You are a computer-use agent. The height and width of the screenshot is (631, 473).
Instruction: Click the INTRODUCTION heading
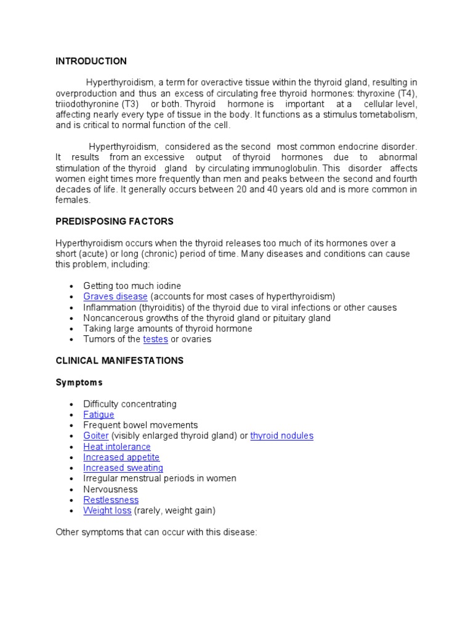[91, 61]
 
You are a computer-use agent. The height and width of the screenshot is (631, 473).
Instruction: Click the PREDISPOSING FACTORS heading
[115, 221]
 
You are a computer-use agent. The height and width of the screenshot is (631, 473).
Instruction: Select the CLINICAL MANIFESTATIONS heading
[119, 360]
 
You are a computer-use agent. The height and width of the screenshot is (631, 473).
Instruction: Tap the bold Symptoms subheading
[79, 383]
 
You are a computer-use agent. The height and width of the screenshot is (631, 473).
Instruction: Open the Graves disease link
[115, 297]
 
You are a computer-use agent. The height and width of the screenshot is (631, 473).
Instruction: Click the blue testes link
[155, 340]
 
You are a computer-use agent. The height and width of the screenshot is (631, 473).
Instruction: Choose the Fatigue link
[99, 415]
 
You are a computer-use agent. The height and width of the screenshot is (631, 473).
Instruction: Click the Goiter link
[96, 436]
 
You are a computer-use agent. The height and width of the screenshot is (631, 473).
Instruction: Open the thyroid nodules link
[281, 436]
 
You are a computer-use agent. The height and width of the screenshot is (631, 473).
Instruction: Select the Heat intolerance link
[117, 447]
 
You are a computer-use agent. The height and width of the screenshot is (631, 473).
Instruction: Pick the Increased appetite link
[121, 457]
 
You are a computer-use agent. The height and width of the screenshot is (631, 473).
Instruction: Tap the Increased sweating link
[123, 468]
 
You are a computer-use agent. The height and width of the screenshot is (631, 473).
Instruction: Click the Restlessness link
[111, 500]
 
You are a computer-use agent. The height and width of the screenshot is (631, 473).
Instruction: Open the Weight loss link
[107, 511]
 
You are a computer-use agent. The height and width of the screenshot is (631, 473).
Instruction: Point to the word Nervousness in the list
[111, 489]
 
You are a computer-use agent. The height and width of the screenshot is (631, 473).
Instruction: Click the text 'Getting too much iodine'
[132, 287]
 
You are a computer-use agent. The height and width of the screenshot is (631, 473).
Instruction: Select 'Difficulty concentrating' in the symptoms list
[130, 404]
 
